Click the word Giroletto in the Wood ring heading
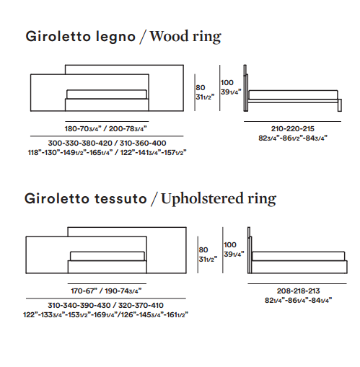(58, 37)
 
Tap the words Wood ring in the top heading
(185, 37)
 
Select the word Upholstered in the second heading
(202, 199)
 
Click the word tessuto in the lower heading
(120, 199)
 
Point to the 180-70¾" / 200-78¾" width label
(106, 129)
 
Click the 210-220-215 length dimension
(293, 129)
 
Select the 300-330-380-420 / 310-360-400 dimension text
(107, 143)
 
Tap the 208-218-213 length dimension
(298, 291)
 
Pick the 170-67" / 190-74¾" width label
(106, 291)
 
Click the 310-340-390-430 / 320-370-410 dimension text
(106, 306)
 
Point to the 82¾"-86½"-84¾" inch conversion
(293, 138)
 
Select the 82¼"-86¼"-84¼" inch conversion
(298, 301)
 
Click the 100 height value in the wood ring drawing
(227, 83)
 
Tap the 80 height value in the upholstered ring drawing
(203, 250)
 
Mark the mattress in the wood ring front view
(107, 94)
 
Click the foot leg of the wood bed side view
(340, 105)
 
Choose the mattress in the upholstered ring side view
(298, 256)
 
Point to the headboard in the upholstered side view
(250, 250)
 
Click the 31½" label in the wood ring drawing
(205, 97)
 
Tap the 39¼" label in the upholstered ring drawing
(234, 255)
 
